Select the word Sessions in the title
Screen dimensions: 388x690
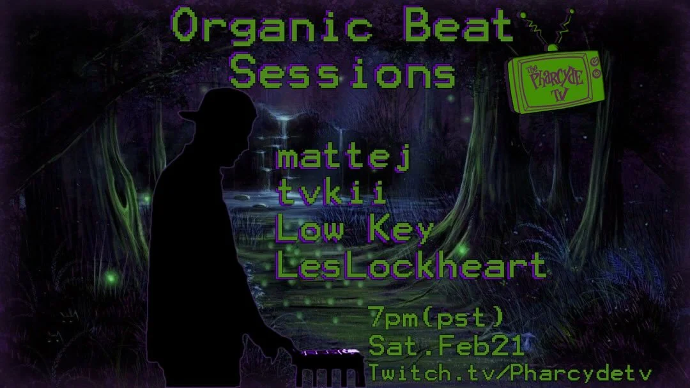342,74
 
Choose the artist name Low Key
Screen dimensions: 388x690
355,230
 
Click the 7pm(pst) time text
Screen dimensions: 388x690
436,317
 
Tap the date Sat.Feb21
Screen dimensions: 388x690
447,346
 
